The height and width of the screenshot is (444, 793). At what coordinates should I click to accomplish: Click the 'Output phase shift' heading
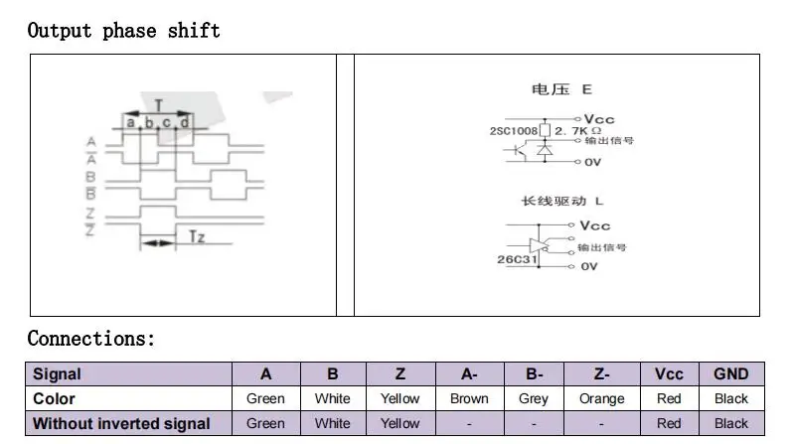pos(124,30)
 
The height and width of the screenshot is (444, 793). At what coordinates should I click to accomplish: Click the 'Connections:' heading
pos(91,338)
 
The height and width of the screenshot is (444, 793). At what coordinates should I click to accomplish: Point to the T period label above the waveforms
pos(159,105)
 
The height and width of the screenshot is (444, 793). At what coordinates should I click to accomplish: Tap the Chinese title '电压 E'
pos(561,89)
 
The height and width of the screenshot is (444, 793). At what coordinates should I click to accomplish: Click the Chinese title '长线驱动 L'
pos(561,201)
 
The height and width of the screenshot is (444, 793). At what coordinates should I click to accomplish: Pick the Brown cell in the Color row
pos(468,398)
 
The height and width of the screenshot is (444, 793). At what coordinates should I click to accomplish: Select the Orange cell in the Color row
pos(601,398)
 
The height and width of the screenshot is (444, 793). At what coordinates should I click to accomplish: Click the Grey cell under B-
pos(534,398)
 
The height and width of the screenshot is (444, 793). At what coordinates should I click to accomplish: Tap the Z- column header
pos(601,374)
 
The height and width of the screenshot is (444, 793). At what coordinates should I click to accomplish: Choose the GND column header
pos(730,374)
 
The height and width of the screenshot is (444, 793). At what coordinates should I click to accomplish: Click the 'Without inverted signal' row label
pos(121,423)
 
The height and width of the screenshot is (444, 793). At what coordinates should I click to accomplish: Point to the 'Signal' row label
pos(57,374)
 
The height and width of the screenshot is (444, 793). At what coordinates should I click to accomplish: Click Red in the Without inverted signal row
pos(669,423)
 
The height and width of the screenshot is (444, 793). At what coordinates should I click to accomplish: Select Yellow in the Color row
pos(399,398)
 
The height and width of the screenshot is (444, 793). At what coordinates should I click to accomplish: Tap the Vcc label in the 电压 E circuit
pos(599,118)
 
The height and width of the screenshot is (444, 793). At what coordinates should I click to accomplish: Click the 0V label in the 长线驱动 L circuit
pos(589,266)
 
